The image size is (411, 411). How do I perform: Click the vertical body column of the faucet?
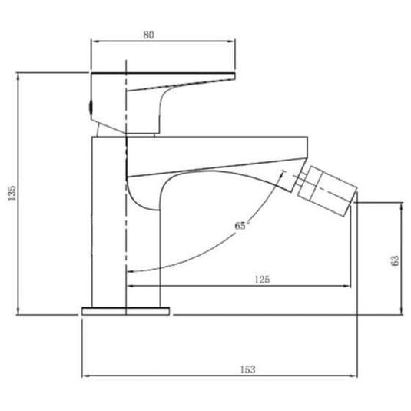coord(108,223)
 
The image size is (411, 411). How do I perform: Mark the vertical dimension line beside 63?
coord(403,259)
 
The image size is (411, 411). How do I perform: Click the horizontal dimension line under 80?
coord(161,42)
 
